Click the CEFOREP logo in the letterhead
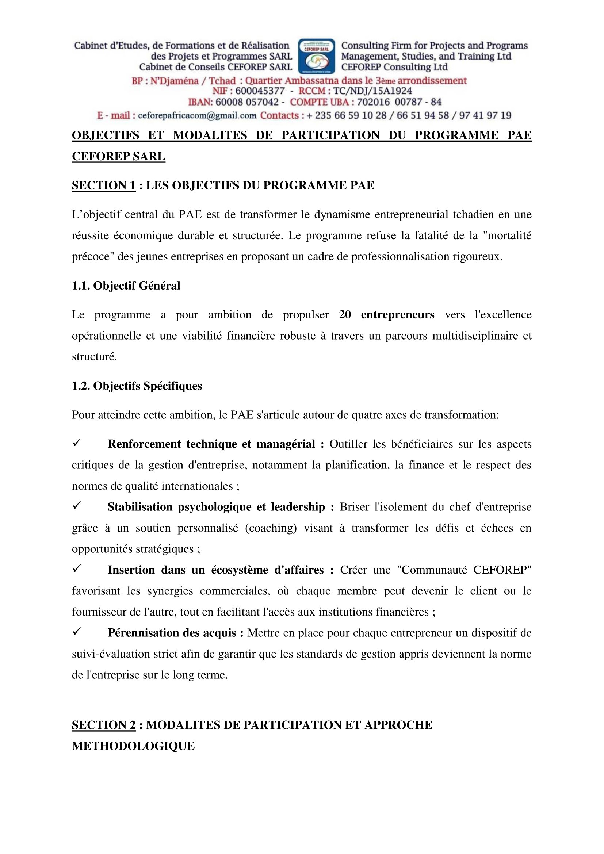317,56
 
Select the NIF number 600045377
260,91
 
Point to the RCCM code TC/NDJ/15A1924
372,91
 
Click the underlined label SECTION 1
103,185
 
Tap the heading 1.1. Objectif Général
126,286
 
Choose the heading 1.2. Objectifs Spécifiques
137,386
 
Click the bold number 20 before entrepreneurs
345,315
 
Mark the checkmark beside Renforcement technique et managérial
77,443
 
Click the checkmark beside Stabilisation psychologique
77,506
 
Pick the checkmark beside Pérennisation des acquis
77,632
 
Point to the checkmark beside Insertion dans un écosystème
77,569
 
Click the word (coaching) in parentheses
271,528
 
